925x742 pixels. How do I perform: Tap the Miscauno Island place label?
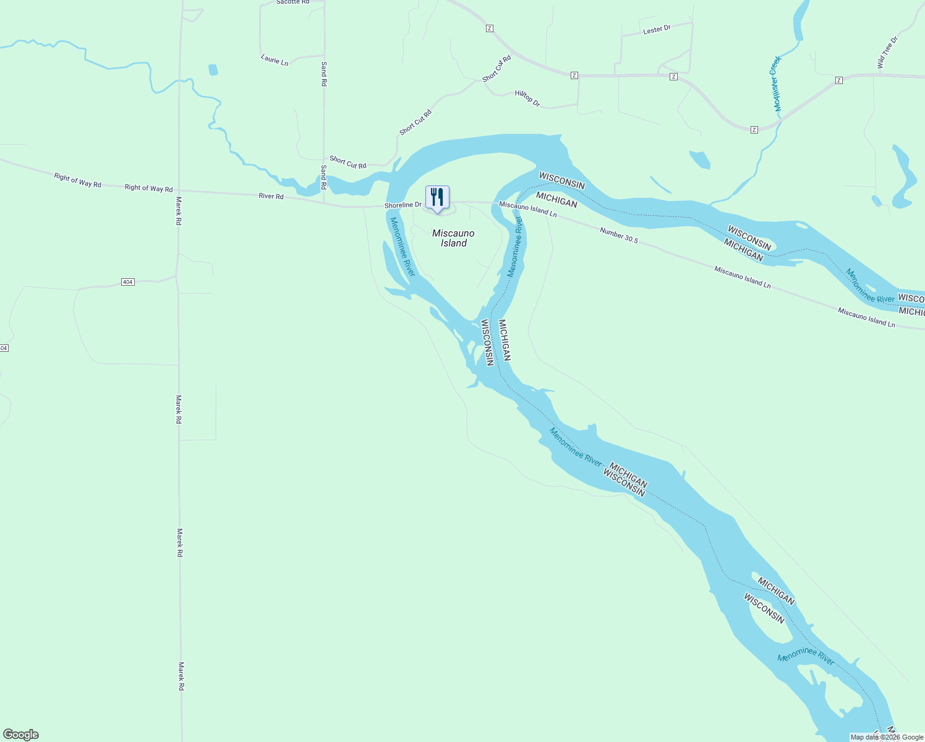point(453,238)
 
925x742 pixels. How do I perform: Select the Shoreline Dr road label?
point(403,205)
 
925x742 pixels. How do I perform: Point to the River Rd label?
point(271,196)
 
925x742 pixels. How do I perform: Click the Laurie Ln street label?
point(275,60)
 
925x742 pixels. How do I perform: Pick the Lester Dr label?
point(657,30)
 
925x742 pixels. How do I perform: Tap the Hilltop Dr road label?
point(527,98)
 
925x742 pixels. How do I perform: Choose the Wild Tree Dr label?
point(887,52)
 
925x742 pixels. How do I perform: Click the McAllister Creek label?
point(777,84)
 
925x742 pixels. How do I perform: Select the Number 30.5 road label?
point(618,235)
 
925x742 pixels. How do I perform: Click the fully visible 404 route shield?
point(127,282)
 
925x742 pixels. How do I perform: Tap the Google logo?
point(20,735)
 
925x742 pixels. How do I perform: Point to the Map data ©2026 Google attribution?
point(887,737)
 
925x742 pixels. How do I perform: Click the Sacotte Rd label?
point(292,2)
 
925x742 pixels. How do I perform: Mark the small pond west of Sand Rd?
point(213,69)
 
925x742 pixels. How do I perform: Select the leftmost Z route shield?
point(489,28)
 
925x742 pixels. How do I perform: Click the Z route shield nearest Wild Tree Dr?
point(838,80)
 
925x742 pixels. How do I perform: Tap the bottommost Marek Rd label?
point(181,676)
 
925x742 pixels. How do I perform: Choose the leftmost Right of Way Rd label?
point(77,181)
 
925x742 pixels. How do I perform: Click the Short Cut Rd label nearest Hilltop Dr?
point(497,69)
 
